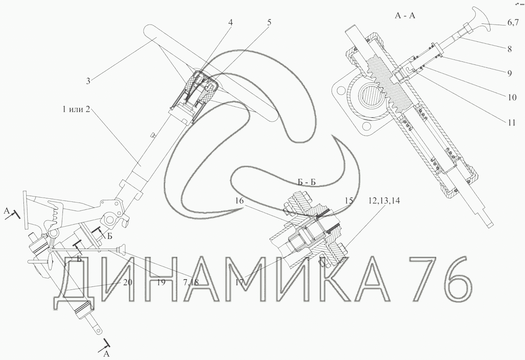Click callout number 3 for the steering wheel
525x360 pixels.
click(x=88, y=81)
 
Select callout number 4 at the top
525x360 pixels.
click(x=230, y=22)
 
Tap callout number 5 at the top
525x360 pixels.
click(x=269, y=22)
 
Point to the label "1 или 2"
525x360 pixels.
click(x=76, y=109)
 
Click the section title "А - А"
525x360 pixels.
click(x=405, y=16)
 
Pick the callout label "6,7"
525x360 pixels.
click(x=513, y=23)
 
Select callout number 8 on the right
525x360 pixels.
click(x=509, y=49)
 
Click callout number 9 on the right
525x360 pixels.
click(x=509, y=74)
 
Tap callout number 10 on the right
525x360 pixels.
click(x=512, y=97)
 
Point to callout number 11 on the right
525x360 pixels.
click(x=512, y=123)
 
